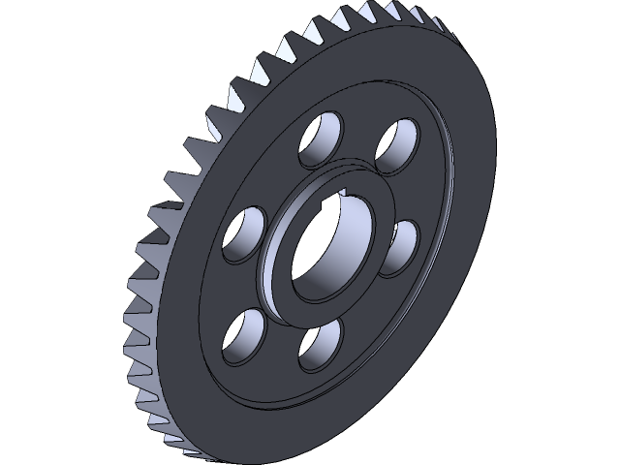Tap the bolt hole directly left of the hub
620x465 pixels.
[244, 232]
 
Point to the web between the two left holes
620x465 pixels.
[232, 283]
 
